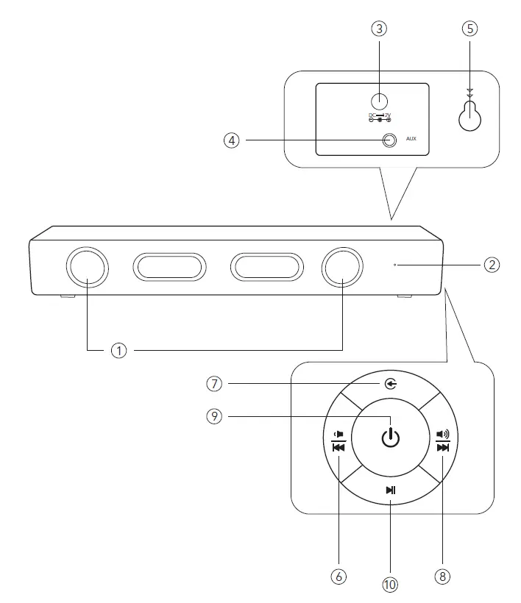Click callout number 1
pos(119,352)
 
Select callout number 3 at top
pos(379,29)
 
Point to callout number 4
pos(233,140)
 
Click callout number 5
pos(469,29)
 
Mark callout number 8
pos(442,577)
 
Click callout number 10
pos(390,585)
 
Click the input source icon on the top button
pos(391,384)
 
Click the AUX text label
pos(411,139)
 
